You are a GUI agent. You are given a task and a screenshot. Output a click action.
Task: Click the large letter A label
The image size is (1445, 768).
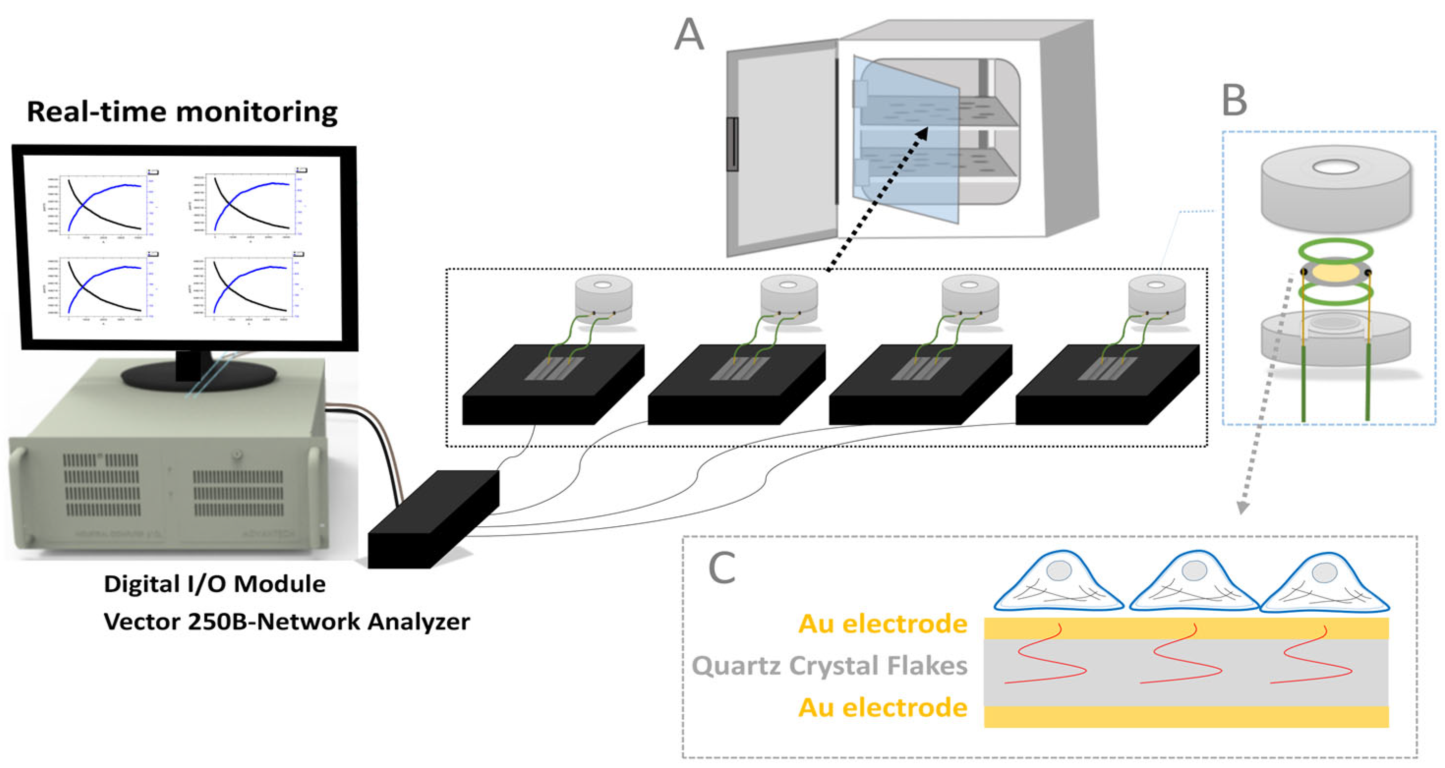[x=689, y=35]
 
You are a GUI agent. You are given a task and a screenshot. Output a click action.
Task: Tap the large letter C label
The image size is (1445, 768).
[x=722, y=568]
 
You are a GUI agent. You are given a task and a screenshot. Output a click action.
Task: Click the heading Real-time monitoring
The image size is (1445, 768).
[x=182, y=111]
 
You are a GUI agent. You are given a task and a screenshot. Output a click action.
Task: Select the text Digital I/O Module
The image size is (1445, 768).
[x=214, y=584]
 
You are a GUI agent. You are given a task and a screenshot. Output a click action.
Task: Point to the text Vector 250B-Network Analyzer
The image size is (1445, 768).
[x=287, y=622]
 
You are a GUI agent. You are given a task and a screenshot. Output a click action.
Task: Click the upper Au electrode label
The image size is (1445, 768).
[x=882, y=624]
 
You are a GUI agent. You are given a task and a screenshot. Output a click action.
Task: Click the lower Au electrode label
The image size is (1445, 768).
[x=882, y=708]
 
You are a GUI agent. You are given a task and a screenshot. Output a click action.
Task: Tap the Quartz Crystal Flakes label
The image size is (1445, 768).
[x=829, y=666]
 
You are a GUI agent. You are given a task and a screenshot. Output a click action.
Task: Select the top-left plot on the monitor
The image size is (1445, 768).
[x=104, y=205]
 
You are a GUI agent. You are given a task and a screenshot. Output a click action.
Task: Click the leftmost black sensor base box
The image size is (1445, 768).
[x=552, y=387]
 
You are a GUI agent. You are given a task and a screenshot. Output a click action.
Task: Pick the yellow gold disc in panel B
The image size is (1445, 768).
[x=1335, y=273]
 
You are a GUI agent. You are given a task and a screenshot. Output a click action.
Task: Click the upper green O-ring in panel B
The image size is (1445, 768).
[x=1335, y=249]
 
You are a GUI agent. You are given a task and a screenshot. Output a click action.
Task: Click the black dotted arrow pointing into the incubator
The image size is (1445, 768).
[x=876, y=199]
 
